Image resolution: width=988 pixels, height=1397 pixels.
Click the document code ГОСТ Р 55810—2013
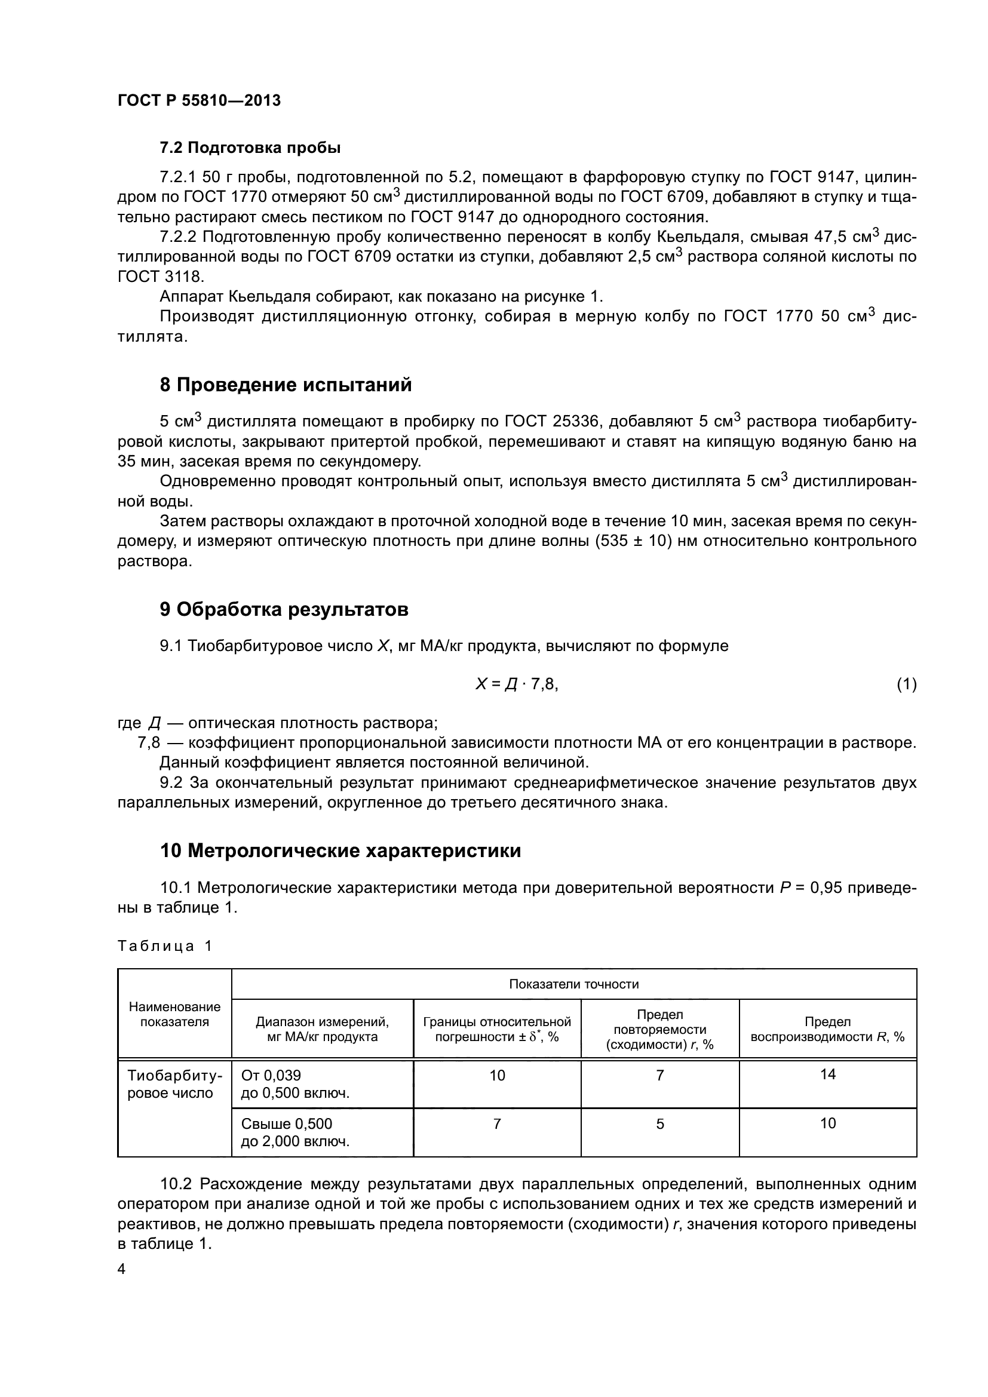[x=199, y=100]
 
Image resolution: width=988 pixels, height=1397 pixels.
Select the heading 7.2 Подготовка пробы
[x=250, y=148]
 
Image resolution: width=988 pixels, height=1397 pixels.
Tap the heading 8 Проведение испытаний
[x=286, y=385]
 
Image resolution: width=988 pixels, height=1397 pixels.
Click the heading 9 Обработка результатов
[x=284, y=610]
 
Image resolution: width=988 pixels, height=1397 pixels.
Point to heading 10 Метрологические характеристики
[x=340, y=851]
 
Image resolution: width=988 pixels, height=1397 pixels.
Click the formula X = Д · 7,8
[x=517, y=684]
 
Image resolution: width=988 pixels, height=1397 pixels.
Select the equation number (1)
[x=907, y=684]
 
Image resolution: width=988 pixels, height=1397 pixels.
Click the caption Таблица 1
[x=165, y=945]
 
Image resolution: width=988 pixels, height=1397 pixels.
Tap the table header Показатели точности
[x=573, y=984]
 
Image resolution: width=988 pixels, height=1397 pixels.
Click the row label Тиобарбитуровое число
[x=174, y=1084]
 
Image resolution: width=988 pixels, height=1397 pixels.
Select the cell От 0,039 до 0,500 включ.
[x=296, y=1084]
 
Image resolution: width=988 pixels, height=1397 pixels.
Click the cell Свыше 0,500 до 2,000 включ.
[x=296, y=1132]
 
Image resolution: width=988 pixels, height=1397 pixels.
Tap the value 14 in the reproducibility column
[x=828, y=1074]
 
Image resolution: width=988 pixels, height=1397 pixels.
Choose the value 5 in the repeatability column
[x=660, y=1124]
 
